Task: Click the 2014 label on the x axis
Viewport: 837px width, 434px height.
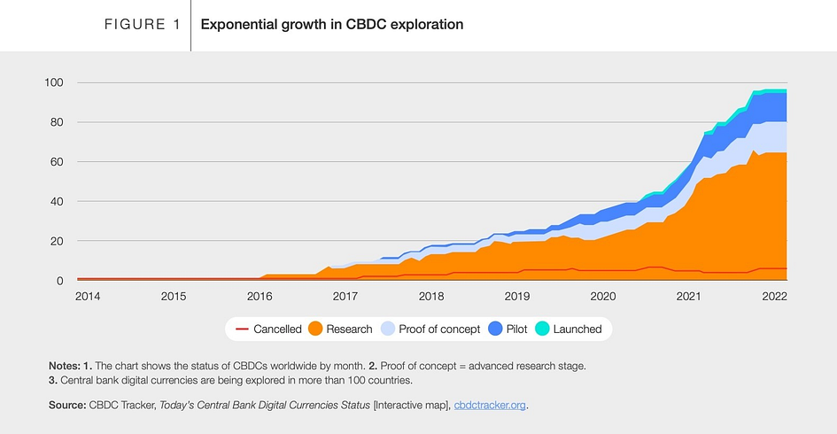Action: point(88,296)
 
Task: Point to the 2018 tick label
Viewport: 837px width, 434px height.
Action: point(431,296)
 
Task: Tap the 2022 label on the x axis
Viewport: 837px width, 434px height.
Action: point(774,296)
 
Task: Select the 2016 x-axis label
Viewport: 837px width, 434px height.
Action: point(260,296)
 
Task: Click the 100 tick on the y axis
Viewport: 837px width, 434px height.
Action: point(54,82)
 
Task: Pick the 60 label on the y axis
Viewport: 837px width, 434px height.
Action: point(57,162)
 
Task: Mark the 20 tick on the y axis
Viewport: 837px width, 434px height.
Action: point(57,241)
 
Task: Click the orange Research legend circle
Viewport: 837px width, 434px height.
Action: point(315,329)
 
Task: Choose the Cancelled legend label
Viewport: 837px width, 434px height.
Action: point(277,329)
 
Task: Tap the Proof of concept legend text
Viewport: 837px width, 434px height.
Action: point(439,329)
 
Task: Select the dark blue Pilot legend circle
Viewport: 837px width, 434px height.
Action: point(495,329)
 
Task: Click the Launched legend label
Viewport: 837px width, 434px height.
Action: point(577,329)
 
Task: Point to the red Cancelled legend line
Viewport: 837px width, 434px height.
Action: point(241,329)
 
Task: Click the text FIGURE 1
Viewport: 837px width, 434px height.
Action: point(142,25)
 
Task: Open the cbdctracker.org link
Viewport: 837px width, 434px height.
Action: point(490,405)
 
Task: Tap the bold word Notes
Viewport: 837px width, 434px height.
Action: point(64,366)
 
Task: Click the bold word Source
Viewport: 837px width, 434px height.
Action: point(67,405)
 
